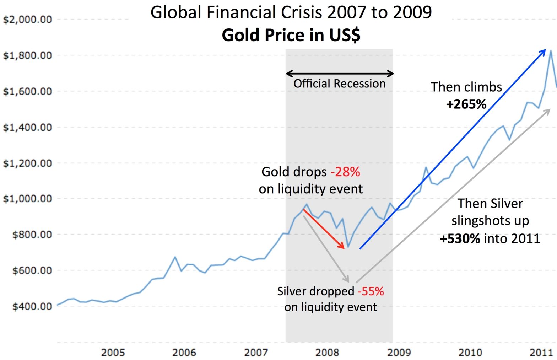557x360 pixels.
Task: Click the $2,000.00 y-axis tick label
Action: click(x=27, y=20)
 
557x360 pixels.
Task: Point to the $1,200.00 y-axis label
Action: click(x=27, y=163)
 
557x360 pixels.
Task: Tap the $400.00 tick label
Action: click(x=32, y=306)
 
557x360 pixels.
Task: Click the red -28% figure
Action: click(x=345, y=172)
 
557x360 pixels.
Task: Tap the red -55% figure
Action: click(x=371, y=291)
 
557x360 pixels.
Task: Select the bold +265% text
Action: click(x=466, y=104)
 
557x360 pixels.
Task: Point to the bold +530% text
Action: click(x=460, y=238)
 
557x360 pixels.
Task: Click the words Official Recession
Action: click(x=339, y=84)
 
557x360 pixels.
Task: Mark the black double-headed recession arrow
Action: click(x=340, y=74)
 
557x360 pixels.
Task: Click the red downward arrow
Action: click(x=324, y=229)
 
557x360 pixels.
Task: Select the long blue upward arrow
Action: click(x=453, y=149)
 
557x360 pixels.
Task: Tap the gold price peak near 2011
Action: click(x=550, y=50)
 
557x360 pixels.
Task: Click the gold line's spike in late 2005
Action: click(x=175, y=257)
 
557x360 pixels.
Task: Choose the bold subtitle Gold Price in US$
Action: click(x=291, y=35)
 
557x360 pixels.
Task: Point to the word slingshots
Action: click(x=490, y=221)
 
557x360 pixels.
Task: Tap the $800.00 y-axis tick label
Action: click(x=32, y=235)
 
